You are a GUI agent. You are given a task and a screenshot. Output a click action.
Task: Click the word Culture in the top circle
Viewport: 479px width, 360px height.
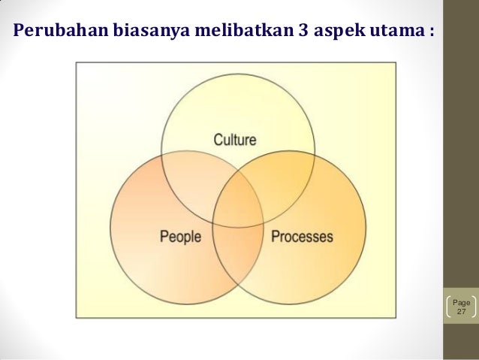pos(235,139)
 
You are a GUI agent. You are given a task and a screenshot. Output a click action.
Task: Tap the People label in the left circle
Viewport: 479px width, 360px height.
pos(180,237)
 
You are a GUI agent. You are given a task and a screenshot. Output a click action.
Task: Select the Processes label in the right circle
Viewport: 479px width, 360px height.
pos(301,237)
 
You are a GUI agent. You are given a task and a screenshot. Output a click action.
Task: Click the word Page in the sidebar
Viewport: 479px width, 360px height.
pos(461,302)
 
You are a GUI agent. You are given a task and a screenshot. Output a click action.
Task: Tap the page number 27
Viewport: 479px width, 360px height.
pos(461,311)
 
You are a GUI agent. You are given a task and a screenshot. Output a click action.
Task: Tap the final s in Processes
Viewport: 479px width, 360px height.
pos(329,237)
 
